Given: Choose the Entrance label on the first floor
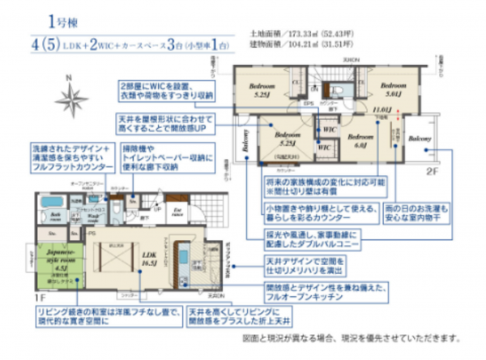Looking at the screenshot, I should pyautogui.click(x=177, y=214).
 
